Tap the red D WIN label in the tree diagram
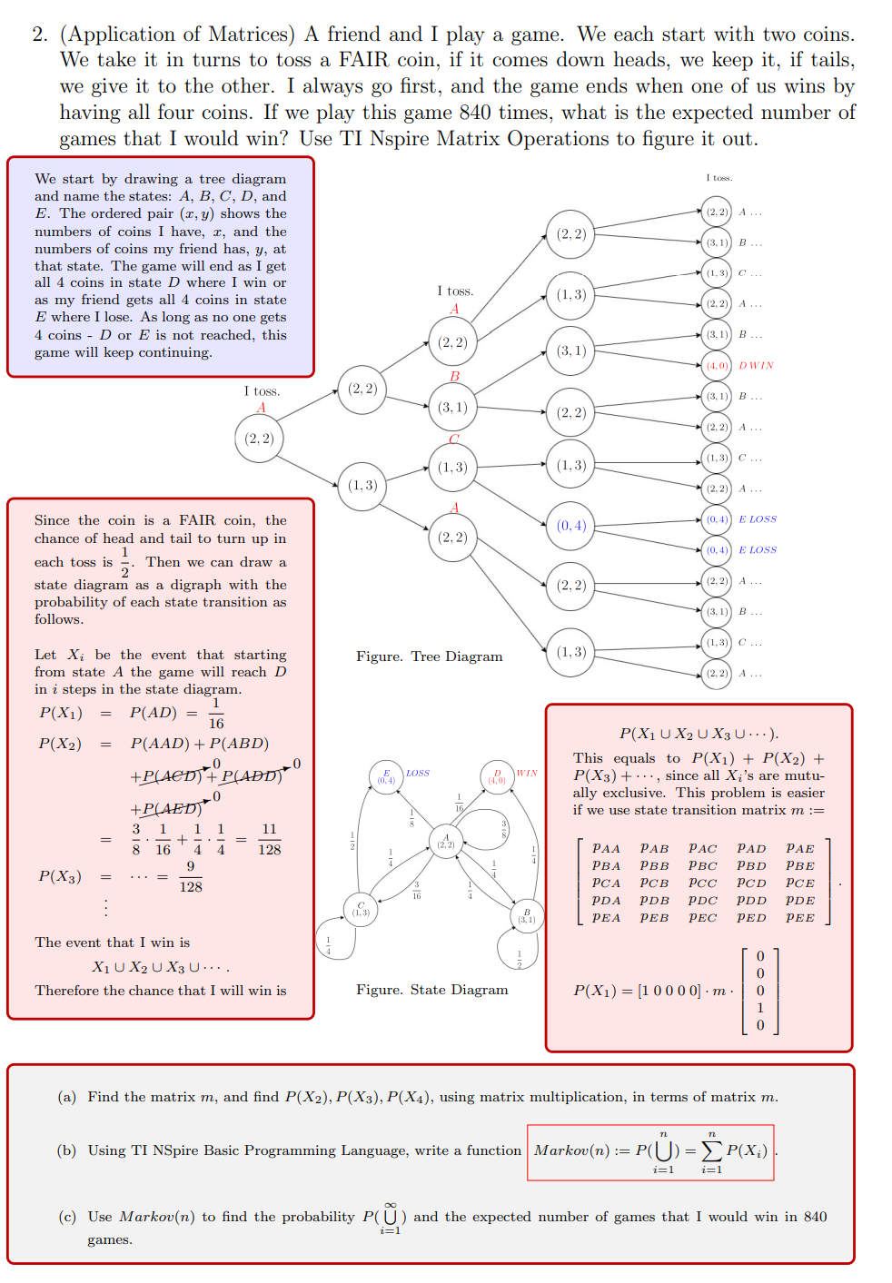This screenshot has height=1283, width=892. [756, 366]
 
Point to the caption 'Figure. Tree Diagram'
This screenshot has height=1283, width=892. [429, 656]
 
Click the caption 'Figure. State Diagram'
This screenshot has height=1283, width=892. [431, 990]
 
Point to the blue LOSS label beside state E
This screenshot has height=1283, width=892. [418, 774]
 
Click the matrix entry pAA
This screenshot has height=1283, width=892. [606, 849]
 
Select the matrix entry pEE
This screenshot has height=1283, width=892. [799, 918]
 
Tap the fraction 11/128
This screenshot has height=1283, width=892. [269, 840]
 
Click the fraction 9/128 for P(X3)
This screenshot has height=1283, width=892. [191, 877]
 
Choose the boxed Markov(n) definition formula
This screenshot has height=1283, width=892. [650, 1152]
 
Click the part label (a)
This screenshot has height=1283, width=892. [67, 1097]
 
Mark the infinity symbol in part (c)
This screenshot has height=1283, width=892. [391, 1205]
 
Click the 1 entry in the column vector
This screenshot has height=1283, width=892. [760, 1008]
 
